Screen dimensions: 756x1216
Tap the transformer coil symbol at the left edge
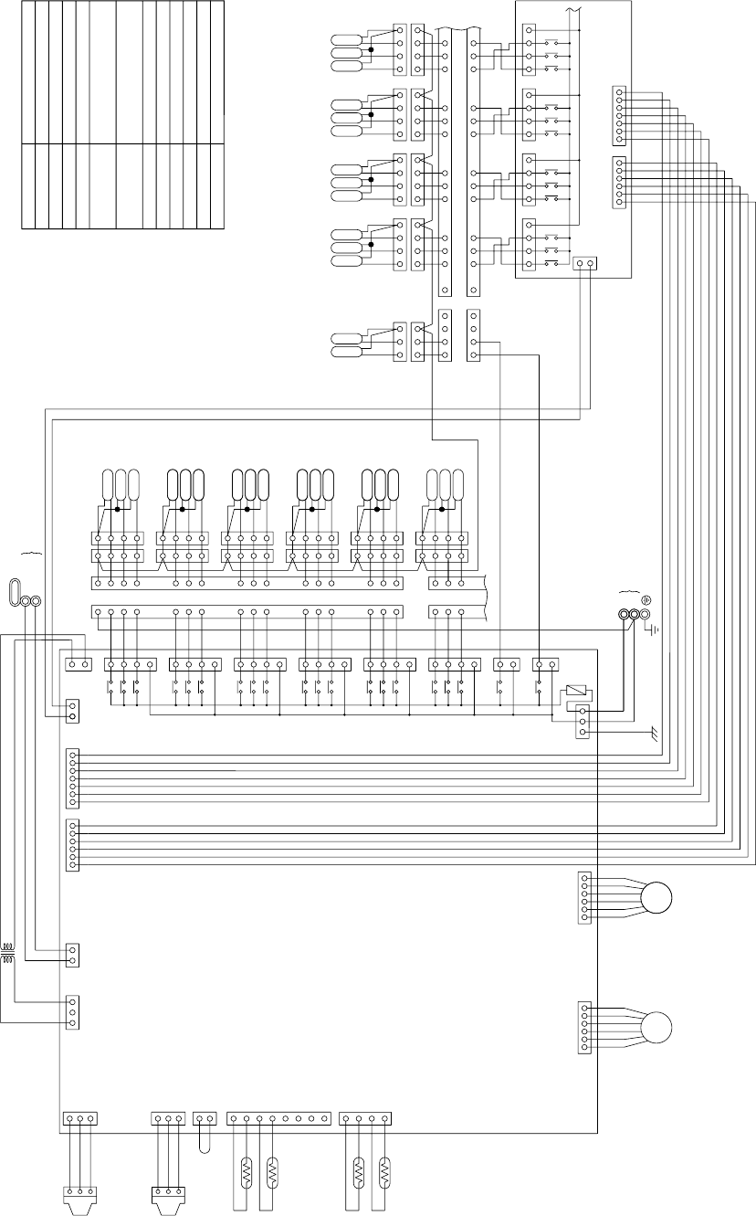click(9, 954)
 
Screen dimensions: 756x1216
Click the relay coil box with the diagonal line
click(576, 692)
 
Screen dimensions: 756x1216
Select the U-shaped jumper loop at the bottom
click(205, 1139)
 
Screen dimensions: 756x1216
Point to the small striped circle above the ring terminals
click(646, 600)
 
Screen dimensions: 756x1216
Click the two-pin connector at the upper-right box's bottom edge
click(584, 264)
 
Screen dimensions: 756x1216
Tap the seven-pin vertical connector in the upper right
click(620, 116)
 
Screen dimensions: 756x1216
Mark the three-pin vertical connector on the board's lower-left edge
click(72, 1011)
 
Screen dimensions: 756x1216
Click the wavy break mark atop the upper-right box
click(573, 9)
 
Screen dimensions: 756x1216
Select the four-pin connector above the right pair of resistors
click(365, 1118)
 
